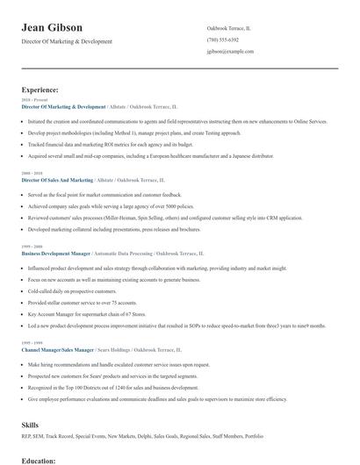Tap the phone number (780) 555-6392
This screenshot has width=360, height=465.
(x=223, y=40)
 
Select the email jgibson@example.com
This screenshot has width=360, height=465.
(x=231, y=52)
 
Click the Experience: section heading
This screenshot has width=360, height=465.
(x=40, y=89)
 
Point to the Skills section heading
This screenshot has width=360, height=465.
(x=31, y=425)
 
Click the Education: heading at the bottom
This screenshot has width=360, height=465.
(x=39, y=460)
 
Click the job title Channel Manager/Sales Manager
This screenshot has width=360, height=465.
(x=58, y=348)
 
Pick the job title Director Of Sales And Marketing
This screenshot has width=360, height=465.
(x=63, y=179)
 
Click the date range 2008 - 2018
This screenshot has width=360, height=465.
(x=31, y=173)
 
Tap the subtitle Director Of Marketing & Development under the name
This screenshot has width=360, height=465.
(x=67, y=42)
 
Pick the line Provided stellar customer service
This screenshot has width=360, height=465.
(x=84, y=302)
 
